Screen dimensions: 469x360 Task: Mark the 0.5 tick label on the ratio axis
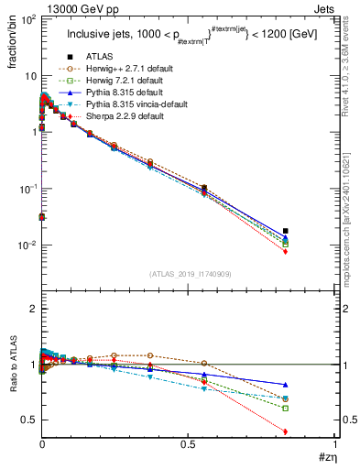(27, 420)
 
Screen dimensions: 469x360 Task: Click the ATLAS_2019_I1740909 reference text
(191, 274)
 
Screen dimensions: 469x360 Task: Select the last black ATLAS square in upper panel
(311, 231)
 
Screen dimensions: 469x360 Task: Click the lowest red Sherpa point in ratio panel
(311, 431)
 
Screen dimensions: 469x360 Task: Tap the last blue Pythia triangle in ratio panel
(311, 385)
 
